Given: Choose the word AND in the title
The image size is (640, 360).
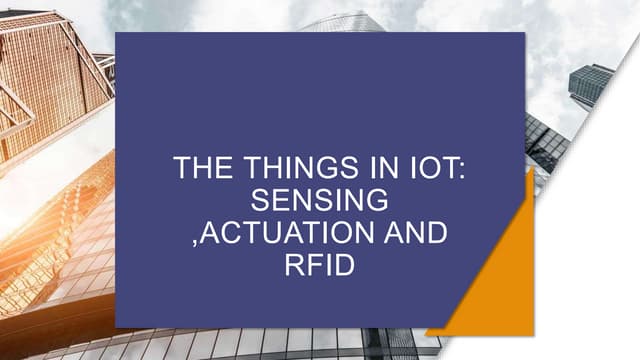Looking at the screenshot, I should coord(413,234).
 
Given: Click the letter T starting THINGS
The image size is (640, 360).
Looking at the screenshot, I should coord(241,168).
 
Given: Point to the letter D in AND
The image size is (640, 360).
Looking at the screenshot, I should coord(438,234).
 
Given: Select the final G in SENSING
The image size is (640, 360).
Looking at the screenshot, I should coord(377,201).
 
